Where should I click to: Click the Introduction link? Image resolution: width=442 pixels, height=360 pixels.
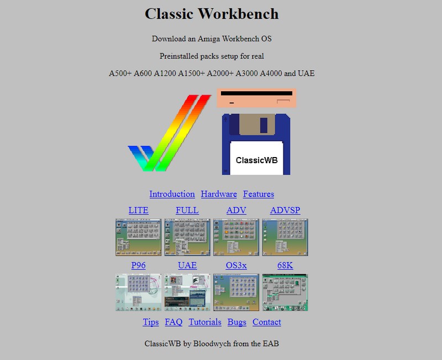pyautogui.click(x=172, y=194)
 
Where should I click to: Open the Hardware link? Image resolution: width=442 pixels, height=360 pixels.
pyautogui.click(x=219, y=194)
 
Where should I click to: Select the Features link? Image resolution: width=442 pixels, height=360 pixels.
pyautogui.click(x=259, y=194)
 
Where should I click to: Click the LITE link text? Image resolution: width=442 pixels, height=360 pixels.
pyautogui.click(x=139, y=210)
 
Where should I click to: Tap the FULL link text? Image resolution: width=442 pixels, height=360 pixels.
pyautogui.click(x=187, y=210)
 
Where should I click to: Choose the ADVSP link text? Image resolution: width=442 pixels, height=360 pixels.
pyautogui.click(x=285, y=210)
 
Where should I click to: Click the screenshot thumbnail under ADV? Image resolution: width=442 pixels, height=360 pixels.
pyautogui.click(x=236, y=237)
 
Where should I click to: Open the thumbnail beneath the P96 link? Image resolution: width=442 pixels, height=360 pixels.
pyautogui.click(x=139, y=293)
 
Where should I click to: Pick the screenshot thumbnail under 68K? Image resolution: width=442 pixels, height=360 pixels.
pyautogui.click(x=285, y=293)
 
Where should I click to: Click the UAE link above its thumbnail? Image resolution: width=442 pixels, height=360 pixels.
pyautogui.click(x=187, y=265)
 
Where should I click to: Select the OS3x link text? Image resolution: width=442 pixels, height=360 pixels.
pyautogui.click(x=236, y=265)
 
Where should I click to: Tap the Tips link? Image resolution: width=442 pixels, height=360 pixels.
pyautogui.click(x=151, y=322)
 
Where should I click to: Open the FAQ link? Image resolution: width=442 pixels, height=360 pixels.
pyautogui.click(x=173, y=322)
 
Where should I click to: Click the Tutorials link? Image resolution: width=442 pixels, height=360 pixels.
pyautogui.click(x=205, y=322)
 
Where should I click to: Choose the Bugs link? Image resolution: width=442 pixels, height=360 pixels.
pyautogui.click(x=237, y=322)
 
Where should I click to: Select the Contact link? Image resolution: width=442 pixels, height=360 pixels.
pyautogui.click(x=267, y=322)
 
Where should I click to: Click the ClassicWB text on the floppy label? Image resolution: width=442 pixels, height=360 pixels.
pyautogui.click(x=256, y=160)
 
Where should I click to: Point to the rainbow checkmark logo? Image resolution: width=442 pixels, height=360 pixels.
pyautogui.click(x=170, y=133)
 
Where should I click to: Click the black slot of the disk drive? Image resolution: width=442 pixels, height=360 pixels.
pyautogui.click(x=256, y=93)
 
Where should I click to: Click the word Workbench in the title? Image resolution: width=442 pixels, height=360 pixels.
pyautogui.click(x=238, y=14)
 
